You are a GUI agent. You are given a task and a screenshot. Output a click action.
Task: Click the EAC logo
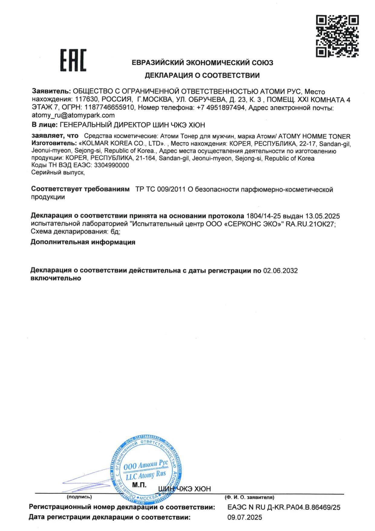click(x=73, y=60)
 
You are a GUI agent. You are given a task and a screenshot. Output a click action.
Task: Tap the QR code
click(x=337, y=36)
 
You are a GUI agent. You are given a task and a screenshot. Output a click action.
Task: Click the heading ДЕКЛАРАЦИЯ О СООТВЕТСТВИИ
click(x=202, y=75)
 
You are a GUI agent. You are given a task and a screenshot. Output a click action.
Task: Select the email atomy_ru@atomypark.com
click(x=73, y=115)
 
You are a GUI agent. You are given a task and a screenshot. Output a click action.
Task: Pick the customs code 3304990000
click(x=112, y=165)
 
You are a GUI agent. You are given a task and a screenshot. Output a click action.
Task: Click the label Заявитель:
click(x=51, y=91)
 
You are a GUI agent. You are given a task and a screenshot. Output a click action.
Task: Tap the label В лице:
click(x=44, y=125)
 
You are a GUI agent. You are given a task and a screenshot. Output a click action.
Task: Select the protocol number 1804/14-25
click(x=264, y=216)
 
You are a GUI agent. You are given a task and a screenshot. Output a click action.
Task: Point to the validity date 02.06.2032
click(x=280, y=270)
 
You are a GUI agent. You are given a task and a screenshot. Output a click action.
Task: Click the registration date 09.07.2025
click(x=245, y=517)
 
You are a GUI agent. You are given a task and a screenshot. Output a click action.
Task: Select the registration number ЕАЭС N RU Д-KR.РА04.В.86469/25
click(x=284, y=507)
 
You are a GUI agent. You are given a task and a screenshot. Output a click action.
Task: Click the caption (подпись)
click(x=79, y=497)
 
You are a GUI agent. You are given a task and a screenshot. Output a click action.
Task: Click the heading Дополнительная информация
click(x=83, y=242)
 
